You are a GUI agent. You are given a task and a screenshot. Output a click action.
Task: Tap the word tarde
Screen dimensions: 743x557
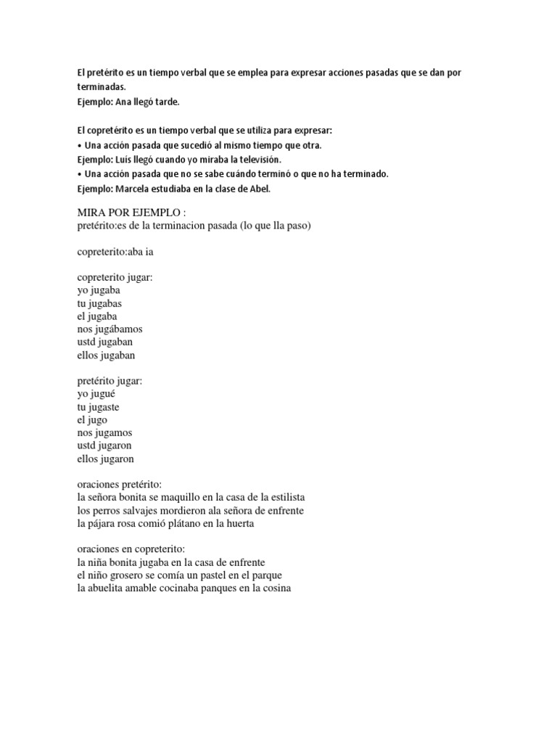click(x=164, y=102)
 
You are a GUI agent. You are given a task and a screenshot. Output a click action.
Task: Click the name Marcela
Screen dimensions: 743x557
click(x=134, y=189)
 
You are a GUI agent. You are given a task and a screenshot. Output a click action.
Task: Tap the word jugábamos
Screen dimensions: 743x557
click(x=119, y=329)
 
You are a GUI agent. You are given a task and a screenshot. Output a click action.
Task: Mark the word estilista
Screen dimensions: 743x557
click(x=283, y=498)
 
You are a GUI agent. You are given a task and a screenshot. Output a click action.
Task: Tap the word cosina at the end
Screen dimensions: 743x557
click(x=276, y=588)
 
